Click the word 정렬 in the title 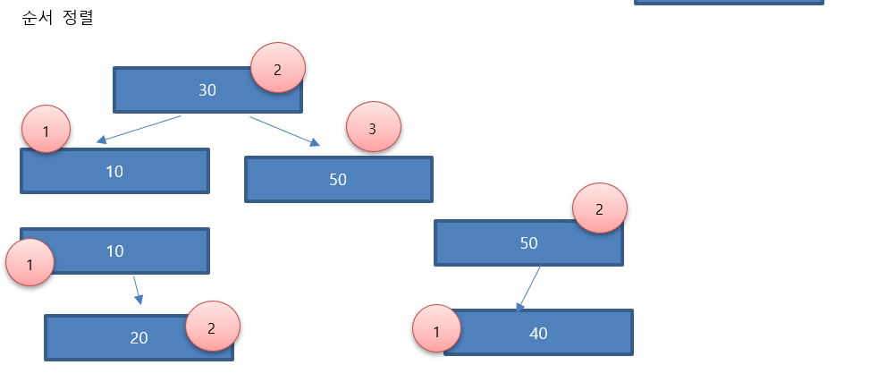(79, 18)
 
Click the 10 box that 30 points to (114, 171)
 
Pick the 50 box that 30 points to (338, 179)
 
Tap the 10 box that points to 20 (114, 250)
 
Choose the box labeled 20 (125, 338)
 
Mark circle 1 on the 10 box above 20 (30, 262)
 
